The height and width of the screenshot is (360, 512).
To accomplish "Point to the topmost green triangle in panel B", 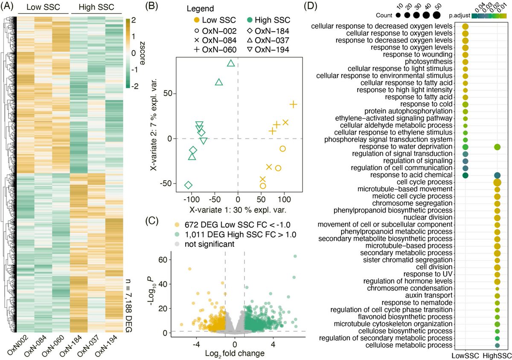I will click(231, 63).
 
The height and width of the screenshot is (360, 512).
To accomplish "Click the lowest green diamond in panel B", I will click(188, 185).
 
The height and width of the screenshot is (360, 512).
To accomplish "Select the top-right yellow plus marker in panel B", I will click(293, 105).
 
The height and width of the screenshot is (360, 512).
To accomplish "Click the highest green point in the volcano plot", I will click(295, 256).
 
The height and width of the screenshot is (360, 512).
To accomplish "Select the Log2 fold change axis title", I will click(236, 354).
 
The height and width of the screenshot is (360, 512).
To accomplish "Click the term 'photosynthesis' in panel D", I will click(433, 62).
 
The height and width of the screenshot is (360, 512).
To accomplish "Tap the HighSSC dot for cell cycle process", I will click(497, 182).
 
